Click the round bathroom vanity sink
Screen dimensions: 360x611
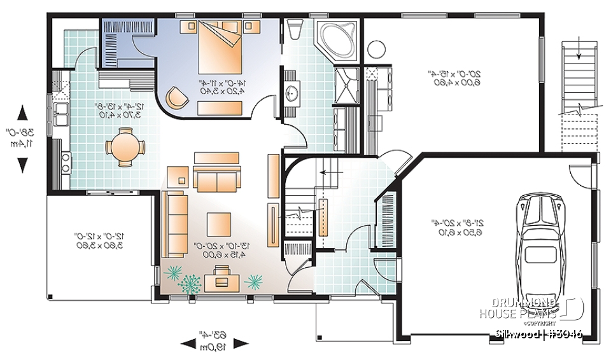293,93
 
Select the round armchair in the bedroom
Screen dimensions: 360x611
176,97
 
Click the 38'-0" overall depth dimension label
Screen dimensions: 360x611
22,139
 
